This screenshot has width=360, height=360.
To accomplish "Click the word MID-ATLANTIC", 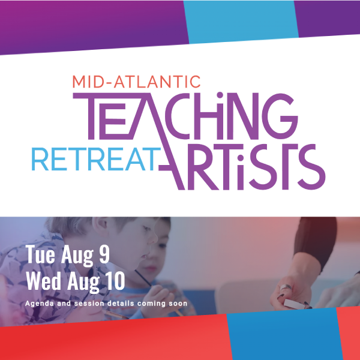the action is click(x=137, y=82).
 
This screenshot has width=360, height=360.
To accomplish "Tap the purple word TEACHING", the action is click(x=185, y=116).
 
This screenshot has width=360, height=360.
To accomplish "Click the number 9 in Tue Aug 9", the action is click(x=104, y=254).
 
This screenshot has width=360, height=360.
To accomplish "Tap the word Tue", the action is click(x=40, y=254).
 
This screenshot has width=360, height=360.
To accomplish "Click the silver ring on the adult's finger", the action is click(x=286, y=287).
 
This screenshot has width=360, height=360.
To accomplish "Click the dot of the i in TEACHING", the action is click(x=220, y=95).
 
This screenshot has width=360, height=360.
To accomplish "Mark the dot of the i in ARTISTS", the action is click(x=241, y=158).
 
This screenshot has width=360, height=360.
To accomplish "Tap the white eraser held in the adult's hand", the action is click(x=295, y=304).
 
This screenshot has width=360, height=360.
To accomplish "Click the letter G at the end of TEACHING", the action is click(x=283, y=116).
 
